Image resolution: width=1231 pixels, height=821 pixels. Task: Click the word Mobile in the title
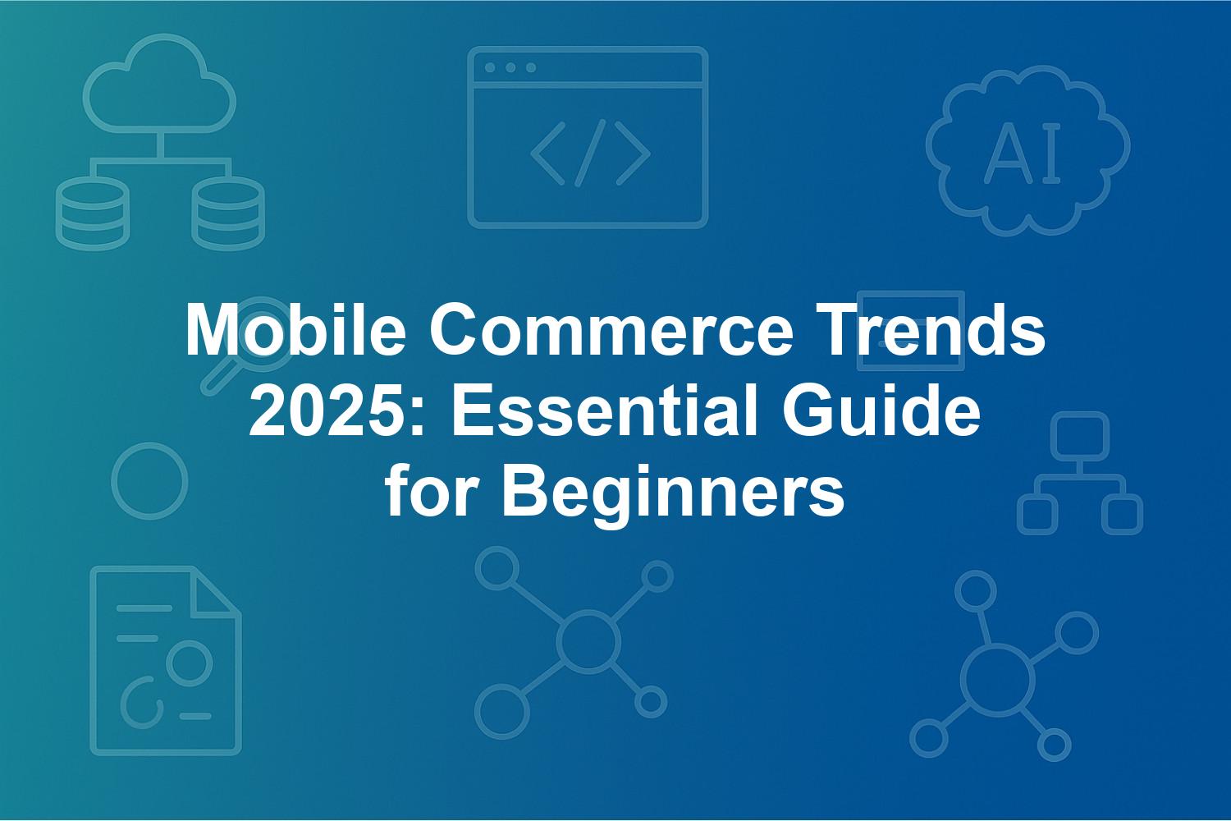[x=295, y=330]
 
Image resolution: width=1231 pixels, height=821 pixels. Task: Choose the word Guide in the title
[x=881, y=410]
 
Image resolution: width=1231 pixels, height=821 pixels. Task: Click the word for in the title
[x=431, y=490]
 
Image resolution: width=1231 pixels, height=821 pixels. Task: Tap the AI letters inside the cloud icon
[x=1023, y=153]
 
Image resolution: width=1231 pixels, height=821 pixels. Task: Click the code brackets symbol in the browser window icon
[x=590, y=153]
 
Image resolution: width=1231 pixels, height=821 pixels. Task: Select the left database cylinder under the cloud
[x=92, y=213]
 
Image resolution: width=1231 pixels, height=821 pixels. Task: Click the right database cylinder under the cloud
[x=228, y=213]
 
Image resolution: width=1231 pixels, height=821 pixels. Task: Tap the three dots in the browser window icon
[x=510, y=67]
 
